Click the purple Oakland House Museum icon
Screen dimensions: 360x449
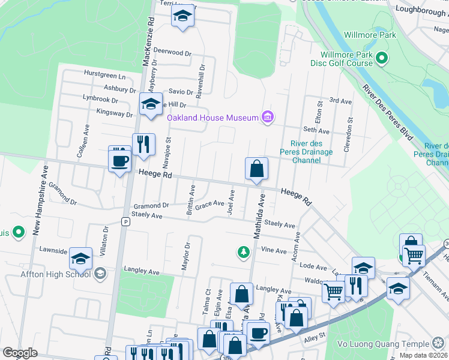[267, 117]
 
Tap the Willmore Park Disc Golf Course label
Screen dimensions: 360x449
[342, 58]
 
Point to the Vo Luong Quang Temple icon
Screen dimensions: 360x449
[439, 344]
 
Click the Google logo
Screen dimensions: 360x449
[20, 353]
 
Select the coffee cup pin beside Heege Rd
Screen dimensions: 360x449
[119, 160]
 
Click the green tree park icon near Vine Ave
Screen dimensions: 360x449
[243, 251]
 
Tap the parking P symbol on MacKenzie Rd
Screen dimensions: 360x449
[125, 221]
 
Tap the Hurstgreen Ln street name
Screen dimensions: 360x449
[105, 77]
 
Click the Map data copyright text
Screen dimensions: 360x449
[423, 355]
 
